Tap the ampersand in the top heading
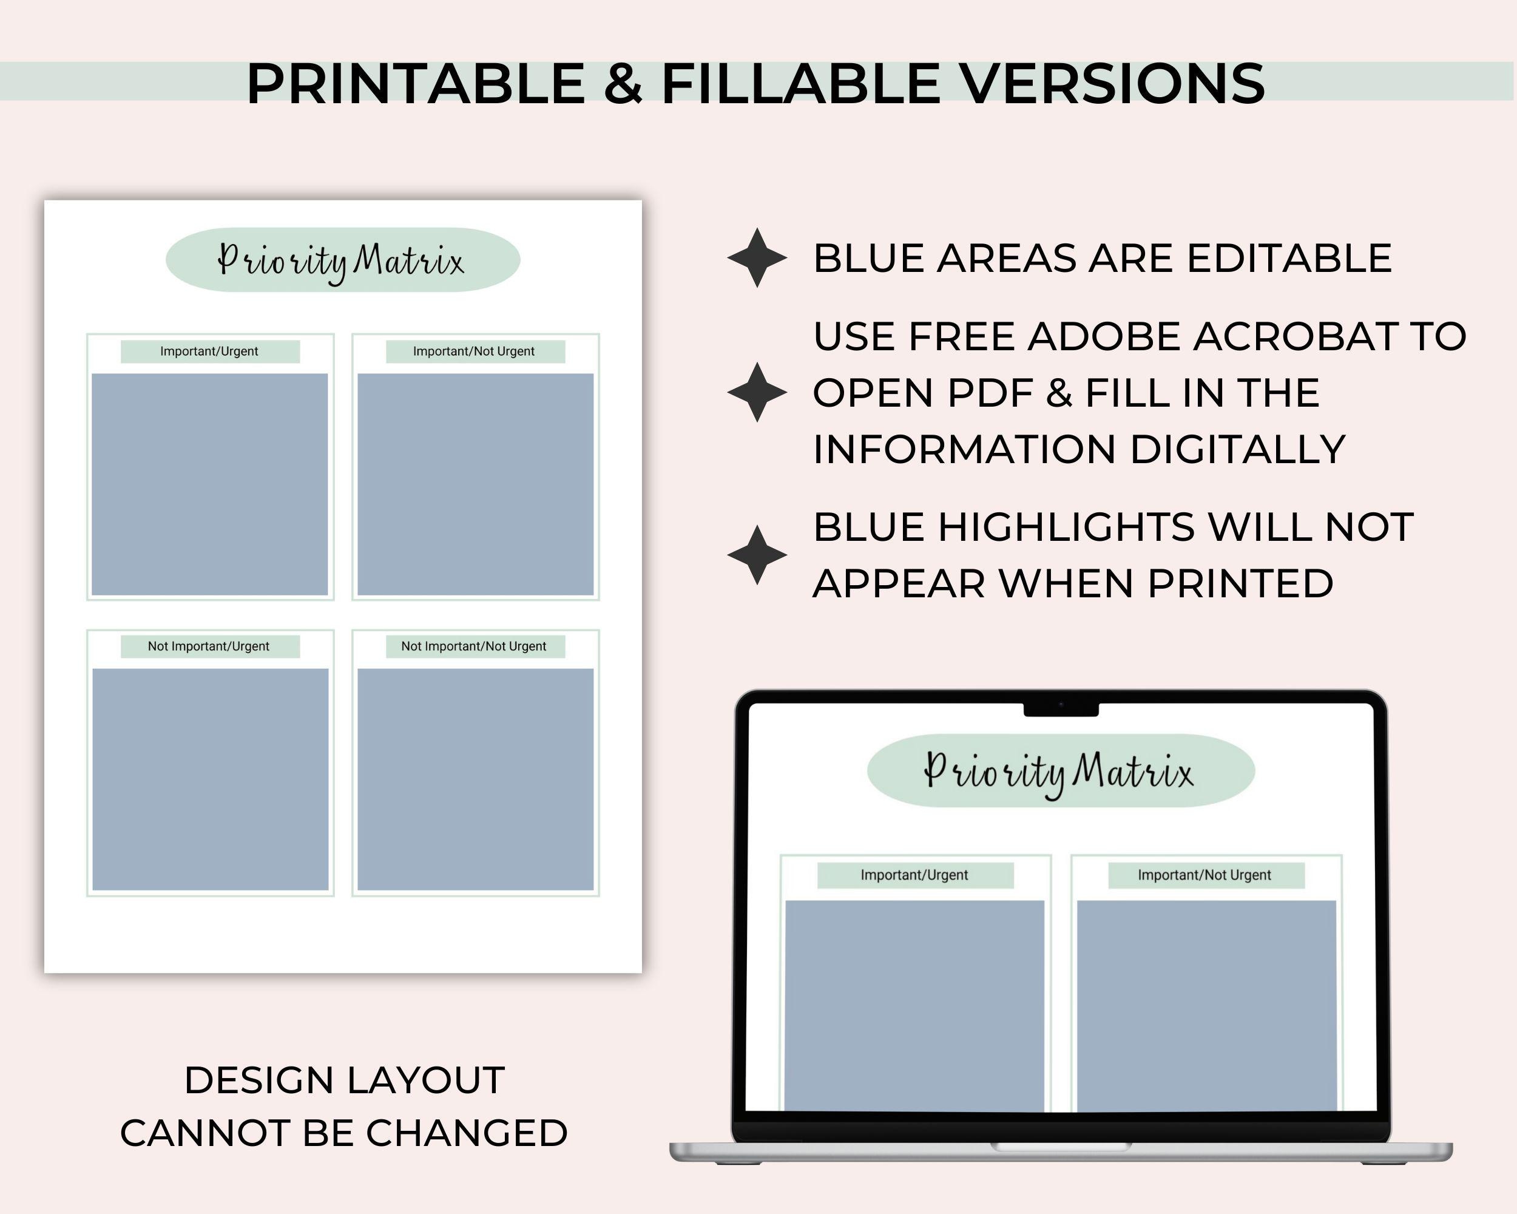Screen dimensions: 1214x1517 (623, 84)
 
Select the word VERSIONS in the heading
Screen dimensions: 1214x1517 (1113, 84)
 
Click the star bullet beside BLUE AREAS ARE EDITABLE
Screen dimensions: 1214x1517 (757, 257)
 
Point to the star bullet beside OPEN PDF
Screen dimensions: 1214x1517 (757, 393)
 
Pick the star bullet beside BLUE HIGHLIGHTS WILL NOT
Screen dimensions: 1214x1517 (757, 555)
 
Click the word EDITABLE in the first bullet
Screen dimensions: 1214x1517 (1289, 259)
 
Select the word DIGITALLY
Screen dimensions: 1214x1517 (1238, 450)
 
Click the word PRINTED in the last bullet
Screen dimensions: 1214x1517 (1240, 584)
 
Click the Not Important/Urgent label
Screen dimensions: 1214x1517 (208, 646)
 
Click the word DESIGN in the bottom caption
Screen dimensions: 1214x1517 (259, 1080)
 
